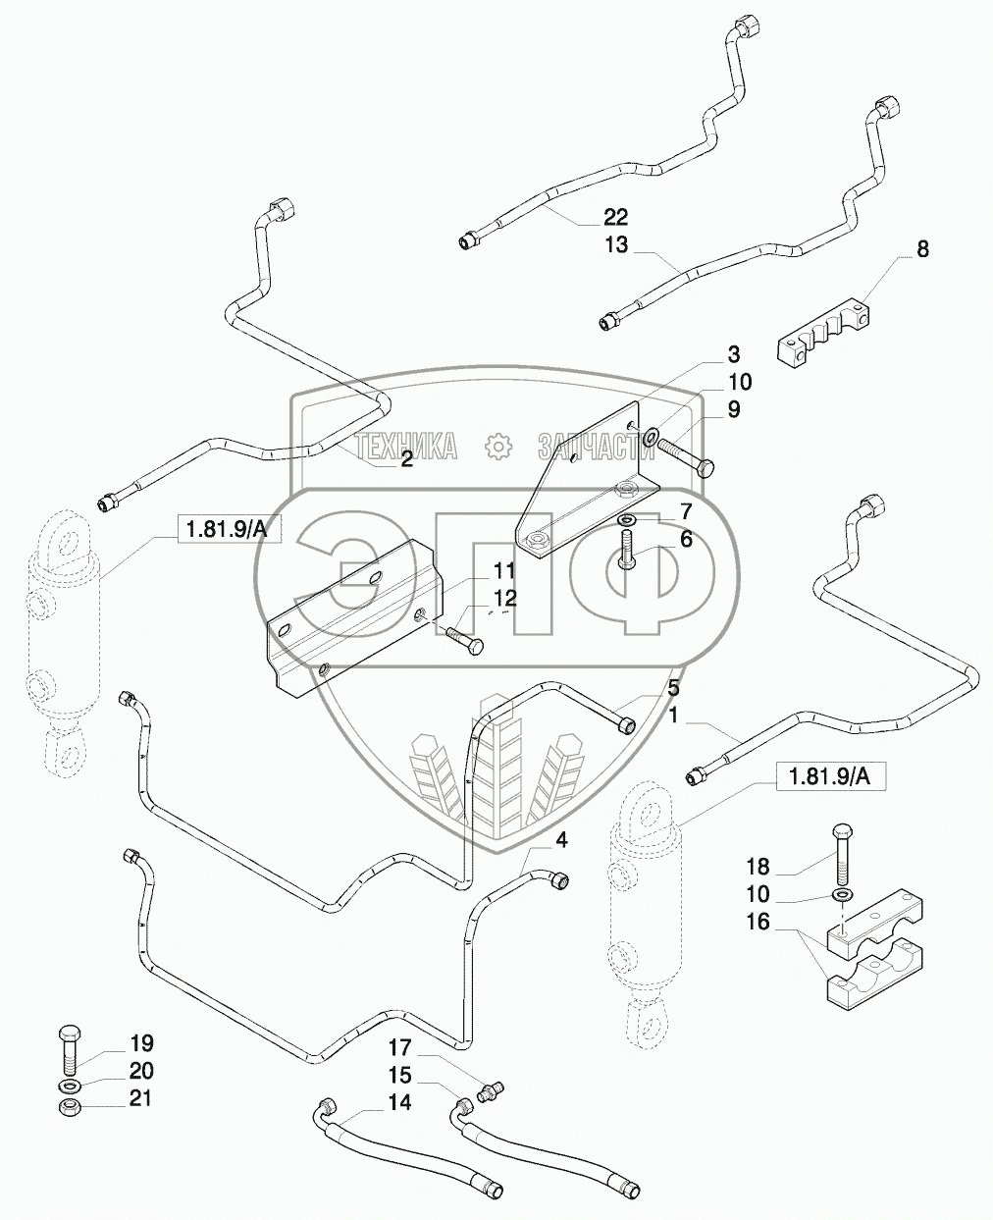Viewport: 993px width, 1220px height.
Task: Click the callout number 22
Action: (x=615, y=217)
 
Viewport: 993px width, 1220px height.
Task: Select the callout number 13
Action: (x=615, y=244)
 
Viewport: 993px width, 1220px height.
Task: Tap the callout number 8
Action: (x=921, y=249)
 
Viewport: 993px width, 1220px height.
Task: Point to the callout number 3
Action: (x=733, y=354)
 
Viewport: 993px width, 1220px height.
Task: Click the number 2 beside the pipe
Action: (x=406, y=459)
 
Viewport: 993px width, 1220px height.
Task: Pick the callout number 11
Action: (x=504, y=570)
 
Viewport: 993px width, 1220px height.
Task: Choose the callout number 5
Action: (x=673, y=687)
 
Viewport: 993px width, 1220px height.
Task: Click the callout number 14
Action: (x=398, y=1102)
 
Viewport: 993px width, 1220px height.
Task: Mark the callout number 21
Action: (x=141, y=1098)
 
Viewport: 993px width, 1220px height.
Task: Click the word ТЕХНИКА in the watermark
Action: (x=406, y=447)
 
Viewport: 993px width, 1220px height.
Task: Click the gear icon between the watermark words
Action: (x=499, y=447)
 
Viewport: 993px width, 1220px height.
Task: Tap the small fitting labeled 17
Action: (x=492, y=1089)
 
